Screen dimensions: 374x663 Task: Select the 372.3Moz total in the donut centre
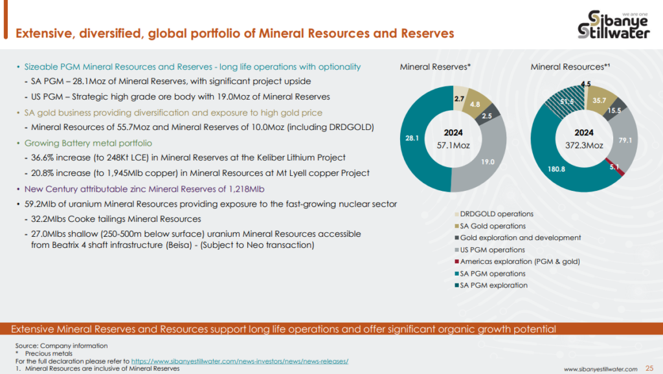pos(585,146)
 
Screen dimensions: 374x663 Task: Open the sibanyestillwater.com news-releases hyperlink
pos(240,361)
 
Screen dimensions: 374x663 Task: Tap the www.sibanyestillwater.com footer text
pos(601,369)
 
